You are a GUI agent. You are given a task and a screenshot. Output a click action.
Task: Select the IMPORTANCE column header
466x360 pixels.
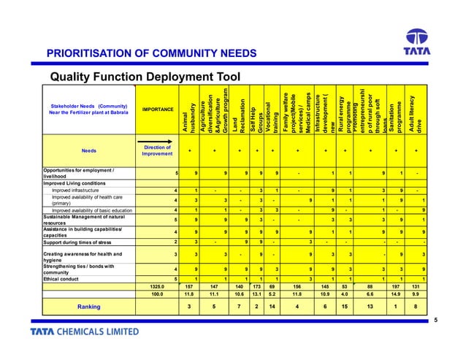[x=158, y=110]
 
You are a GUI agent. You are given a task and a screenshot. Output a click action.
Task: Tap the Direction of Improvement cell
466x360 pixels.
[x=158, y=150]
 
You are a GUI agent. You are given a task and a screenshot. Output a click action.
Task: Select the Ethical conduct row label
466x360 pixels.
[x=64, y=279]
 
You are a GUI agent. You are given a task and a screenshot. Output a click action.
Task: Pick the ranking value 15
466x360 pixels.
[x=345, y=307]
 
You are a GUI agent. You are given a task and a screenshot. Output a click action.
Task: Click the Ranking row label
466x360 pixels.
[x=88, y=307]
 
